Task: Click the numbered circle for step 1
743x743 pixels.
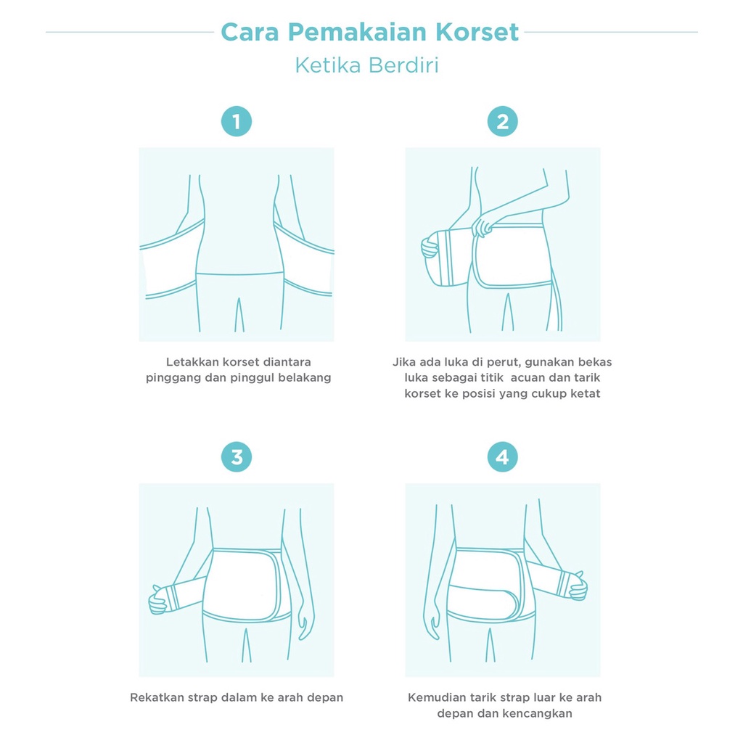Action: click(x=237, y=121)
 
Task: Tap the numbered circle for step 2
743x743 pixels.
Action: click(x=502, y=121)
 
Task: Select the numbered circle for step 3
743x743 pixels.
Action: click(x=237, y=457)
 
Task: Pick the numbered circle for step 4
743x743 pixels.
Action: click(x=502, y=457)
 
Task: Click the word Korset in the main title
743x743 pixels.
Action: click(x=477, y=32)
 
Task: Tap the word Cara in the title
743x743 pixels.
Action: click(x=250, y=32)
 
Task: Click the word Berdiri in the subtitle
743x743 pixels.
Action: click(x=403, y=65)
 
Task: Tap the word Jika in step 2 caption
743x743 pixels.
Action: click(x=402, y=362)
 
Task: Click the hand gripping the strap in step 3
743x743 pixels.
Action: click(x=158, y=601)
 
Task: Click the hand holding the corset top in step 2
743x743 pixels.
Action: click(x=483, y=226)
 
